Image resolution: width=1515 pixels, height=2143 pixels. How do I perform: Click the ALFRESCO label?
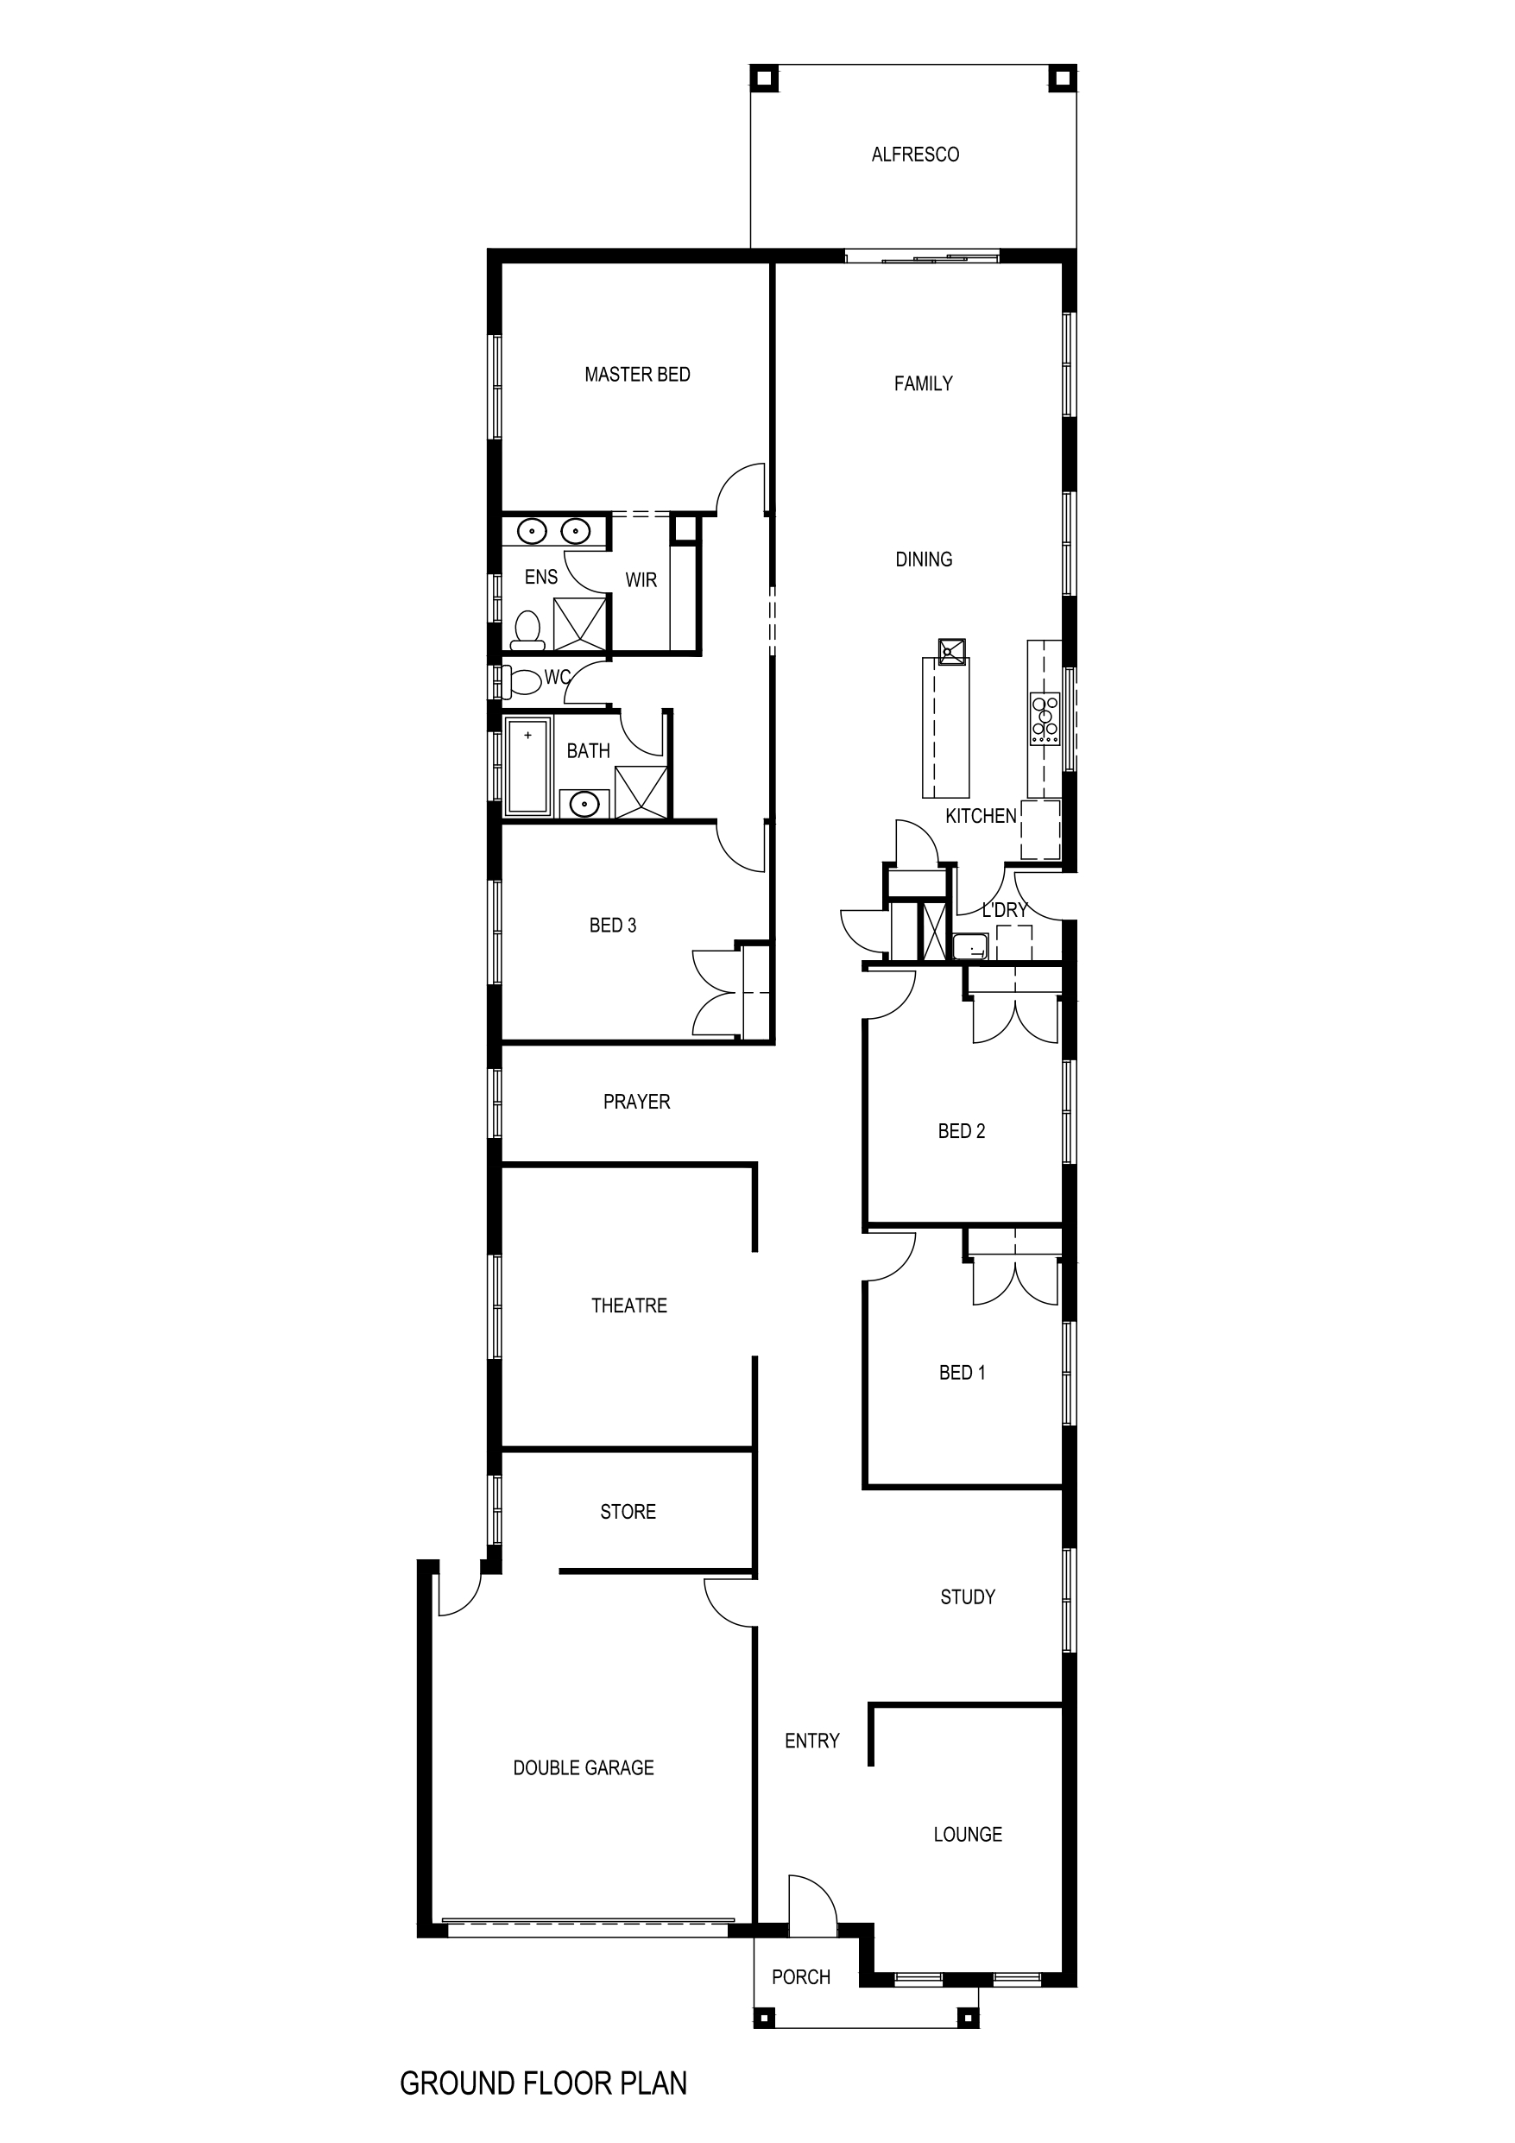pos(915,155)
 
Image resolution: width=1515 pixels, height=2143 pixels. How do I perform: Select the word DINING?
pos(923,559)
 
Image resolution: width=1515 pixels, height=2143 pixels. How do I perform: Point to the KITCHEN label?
pos(980,816)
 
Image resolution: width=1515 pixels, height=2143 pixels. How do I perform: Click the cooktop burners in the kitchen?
pos(1045,718)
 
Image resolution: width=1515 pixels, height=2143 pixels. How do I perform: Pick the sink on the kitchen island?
pos(952,650)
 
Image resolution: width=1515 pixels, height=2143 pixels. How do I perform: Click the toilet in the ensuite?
pos(528,630)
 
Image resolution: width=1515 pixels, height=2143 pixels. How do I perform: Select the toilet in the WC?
pos(524,681)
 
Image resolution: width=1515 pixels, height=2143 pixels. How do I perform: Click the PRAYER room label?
pos(635,1102)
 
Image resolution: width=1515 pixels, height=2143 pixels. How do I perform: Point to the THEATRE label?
pos(628,1305)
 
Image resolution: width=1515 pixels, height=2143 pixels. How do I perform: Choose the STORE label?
pos(628,1511)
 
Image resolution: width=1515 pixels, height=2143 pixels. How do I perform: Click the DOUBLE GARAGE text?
pos(584,1767)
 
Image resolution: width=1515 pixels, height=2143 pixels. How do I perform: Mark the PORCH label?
pos(801,1975)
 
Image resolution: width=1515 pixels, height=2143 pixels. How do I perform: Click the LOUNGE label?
pos(967,1834)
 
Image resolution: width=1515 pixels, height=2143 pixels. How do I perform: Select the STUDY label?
pos(967,1597)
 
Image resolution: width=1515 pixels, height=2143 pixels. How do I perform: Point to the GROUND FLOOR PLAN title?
pos(542,2083)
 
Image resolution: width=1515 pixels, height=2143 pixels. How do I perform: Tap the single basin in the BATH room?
pos(584,803)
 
